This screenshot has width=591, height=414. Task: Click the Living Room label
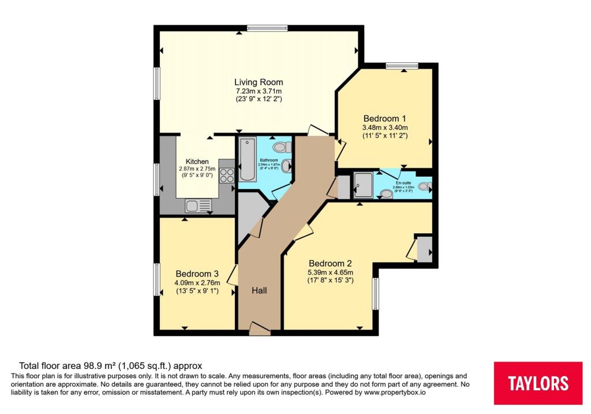pyautogui.click(x=259, y=82)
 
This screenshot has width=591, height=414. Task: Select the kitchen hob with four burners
pyautogui.click(x=226, y=175)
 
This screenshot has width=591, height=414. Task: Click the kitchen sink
pyautogui.click(x=198, y=205)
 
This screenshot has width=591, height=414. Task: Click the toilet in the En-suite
pyautogui.click(x=424, y=187)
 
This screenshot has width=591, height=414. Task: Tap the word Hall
pyautogui.click(x=259, y=290)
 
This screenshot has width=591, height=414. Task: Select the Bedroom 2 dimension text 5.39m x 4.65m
pyautogui.click(x=331, y=273)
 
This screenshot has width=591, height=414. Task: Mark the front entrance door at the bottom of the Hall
pyautogui.click(x=260, y=330)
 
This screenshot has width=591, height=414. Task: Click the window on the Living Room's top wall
pyautogui.click(x=267, y=27)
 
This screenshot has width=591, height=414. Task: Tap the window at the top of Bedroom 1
pyautogui.click(x=402, y=65)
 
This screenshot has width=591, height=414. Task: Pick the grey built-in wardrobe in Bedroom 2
pyautogui.click(x=424, y=248)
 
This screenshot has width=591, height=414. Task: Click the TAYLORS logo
pyautogui.click(x=538, y=383)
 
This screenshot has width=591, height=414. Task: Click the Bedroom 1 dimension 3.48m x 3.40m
pyautogui.click(x=385, y=128)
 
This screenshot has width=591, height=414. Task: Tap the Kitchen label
pyautogui.click(x=197, y=161)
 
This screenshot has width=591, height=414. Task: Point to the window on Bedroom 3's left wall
pyautogui.click(x=156, y=280)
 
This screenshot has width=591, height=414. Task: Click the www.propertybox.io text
pyautogui.click(x=394, y=393)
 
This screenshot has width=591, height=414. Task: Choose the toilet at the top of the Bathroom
pyautogui.click(x=282, y=146)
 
